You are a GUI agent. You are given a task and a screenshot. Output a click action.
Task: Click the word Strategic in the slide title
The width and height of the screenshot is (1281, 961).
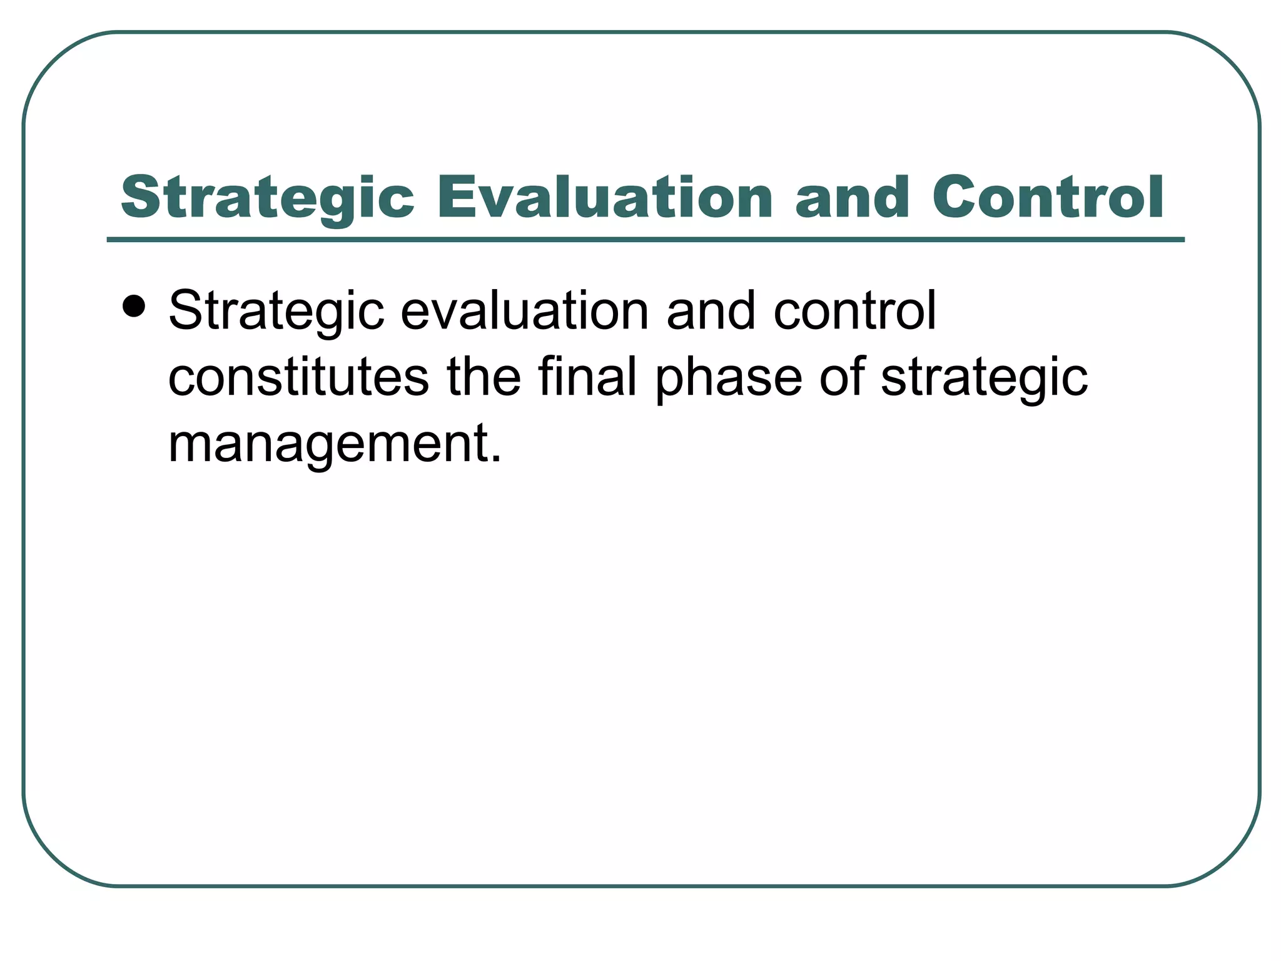pos(267,198)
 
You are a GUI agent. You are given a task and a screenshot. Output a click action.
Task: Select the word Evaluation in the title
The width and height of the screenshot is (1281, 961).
pos(605,198)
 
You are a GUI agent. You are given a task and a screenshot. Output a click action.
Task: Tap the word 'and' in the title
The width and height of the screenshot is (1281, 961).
pos(852,198)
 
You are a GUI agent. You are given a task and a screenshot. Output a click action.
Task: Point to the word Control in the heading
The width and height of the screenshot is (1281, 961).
pos(1048,198)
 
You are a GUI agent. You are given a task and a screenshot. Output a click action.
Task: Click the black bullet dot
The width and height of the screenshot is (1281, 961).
pos(134,307)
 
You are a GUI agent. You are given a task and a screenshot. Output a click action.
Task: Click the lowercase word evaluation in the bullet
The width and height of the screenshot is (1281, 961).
pos(525,311)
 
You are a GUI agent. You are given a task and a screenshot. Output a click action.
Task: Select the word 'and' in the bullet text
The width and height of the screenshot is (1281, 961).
pos(711,311)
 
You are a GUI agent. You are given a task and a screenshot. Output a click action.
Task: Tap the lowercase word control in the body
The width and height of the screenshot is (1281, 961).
pos(855,311)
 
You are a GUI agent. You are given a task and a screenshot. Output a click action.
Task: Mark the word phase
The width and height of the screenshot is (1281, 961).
pos(729,379)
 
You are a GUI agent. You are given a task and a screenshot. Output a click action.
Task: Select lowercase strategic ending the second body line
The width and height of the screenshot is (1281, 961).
pos(985,379)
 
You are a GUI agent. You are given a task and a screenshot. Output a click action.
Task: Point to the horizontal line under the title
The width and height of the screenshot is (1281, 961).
pos(646,240)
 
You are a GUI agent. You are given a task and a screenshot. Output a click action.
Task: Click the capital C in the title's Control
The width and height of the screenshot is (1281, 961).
pos(954,198)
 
